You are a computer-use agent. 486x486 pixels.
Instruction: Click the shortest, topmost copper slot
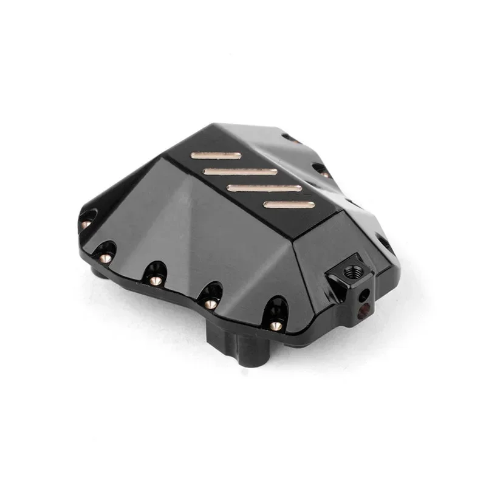point(216,156)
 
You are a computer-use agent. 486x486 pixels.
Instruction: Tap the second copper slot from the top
point(240,172)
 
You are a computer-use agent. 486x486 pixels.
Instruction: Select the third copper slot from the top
point(264,188)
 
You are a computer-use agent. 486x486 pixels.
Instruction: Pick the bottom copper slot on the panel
point(289,204)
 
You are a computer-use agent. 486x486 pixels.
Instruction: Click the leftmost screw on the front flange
point(86,224)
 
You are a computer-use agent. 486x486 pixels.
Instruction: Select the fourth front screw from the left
point(210,303)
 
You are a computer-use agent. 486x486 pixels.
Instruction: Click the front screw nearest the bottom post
point(275,326)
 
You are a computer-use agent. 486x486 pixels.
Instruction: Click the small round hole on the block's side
point(363,295)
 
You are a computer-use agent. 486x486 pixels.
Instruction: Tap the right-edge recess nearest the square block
point(385,243)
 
